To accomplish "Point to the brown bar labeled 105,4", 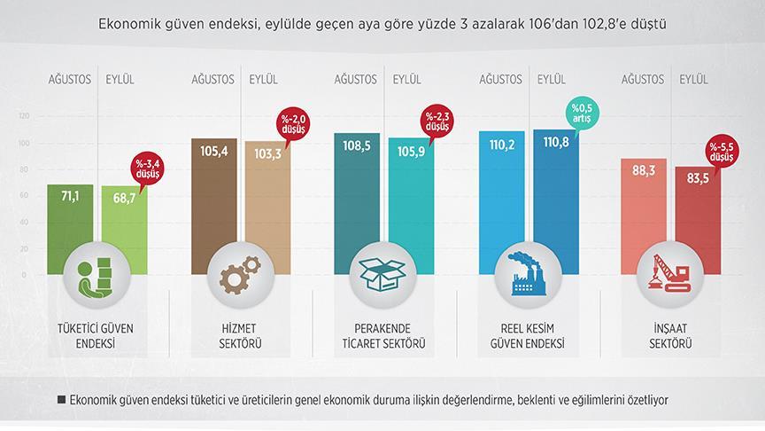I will tap(214, 195).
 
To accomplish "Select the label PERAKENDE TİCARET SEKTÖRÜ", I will tap(381, 335).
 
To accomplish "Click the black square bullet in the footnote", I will tap(61, 399).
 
